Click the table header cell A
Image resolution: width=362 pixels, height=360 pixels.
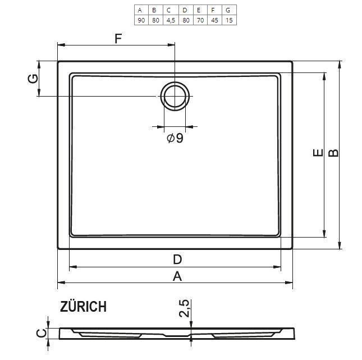pyautogui.click(x=141, y=10)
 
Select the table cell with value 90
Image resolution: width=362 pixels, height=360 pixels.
pyautogui.click(x=141, y=20)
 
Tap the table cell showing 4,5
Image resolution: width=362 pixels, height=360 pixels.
pyautogui.click(x=171, y=20)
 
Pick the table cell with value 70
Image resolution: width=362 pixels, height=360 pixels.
pyautogui.click(x=200, y=20)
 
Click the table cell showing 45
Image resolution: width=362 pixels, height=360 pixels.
pyautogui.click(x=215, y=20)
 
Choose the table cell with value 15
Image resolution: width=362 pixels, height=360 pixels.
pyautogui.click(x=229, y=20)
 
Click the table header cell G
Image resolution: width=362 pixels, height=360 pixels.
pyautogui.click(x=229, y=10)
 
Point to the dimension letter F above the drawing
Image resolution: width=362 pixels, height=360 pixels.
pyautogui.click(x=118, y=39)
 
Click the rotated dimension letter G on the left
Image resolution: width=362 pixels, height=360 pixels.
pyautogui.click(x=33, y=79)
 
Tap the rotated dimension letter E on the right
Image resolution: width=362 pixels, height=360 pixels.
pyautogui.click(x=318, y=153)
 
